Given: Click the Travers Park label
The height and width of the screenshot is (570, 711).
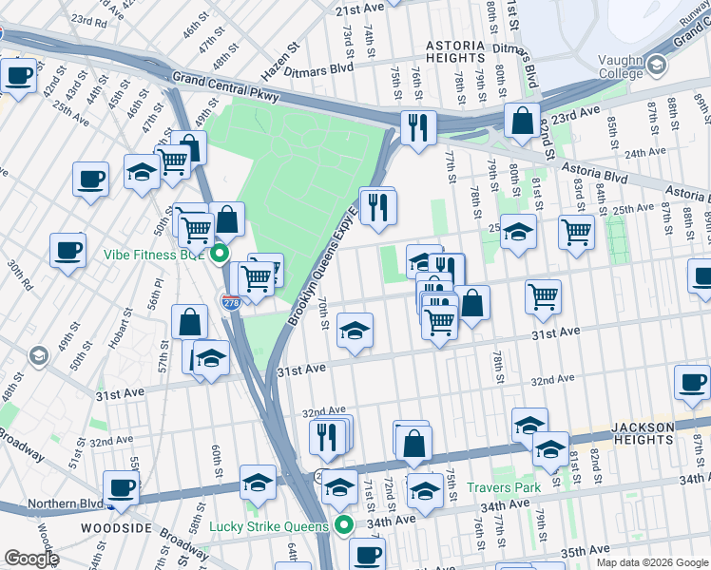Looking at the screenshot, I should click(x=503, y=488).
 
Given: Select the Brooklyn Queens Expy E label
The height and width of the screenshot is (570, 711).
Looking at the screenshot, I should click(x=324, y=256).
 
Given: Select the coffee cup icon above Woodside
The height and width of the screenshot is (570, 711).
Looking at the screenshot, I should click(x=122, y=486).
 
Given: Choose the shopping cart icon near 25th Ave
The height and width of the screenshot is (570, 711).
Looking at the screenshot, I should click(x=577, y=230).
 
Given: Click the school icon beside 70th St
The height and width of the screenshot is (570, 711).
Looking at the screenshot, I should click(x=355, y=330).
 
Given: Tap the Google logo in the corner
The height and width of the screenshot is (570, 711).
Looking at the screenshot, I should click(x=31, y=559).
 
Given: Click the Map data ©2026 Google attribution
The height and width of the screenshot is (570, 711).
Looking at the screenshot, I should click(x=651, y=561).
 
